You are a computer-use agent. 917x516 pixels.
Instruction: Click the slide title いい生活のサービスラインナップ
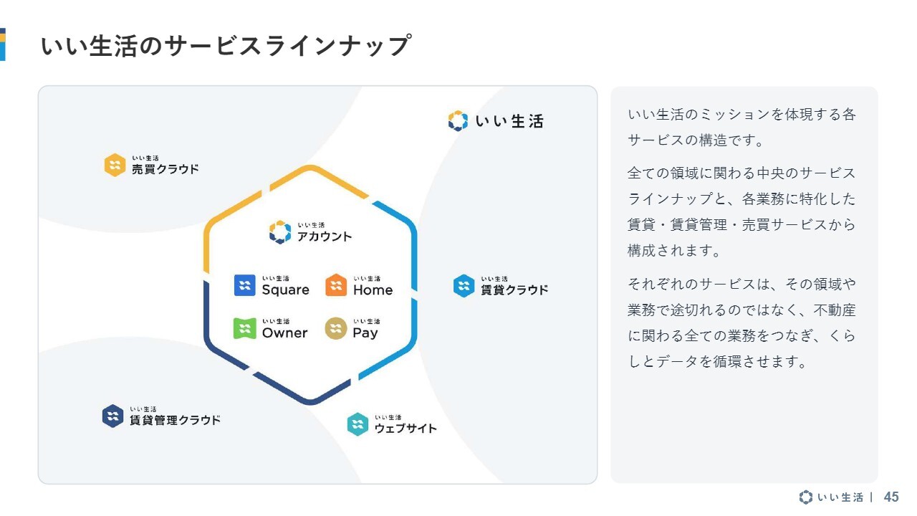[226, 45]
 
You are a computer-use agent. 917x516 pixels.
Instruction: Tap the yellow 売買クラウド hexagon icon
[115, 165]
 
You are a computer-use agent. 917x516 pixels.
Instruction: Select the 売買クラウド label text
[165, 168]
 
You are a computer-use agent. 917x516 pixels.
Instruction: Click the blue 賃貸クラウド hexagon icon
[464, 286]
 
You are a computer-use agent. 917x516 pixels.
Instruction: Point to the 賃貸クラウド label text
[514, 290]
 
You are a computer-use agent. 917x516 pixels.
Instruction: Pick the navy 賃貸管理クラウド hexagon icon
[113, 416]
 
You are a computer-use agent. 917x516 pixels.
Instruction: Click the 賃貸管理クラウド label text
[176, 420]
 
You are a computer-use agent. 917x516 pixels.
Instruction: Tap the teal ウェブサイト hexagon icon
[357, 424]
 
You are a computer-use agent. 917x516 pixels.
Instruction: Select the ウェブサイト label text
[405, 429]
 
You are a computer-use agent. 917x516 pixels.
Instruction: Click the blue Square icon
[245, 285]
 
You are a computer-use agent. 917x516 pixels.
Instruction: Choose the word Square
[286, 290]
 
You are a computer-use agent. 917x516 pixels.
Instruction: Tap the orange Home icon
[336, 285]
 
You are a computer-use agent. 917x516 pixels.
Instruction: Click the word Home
[373, 290]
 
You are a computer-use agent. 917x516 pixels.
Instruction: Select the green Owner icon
[245, 328]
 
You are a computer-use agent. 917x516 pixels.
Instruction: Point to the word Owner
[285, 333]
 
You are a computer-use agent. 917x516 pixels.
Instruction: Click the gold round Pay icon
[336, 328]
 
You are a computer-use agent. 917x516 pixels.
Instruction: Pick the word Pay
[365, 333]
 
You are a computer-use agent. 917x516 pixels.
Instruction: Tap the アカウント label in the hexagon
[325, 236]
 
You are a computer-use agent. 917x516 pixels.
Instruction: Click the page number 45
[891, 497]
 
